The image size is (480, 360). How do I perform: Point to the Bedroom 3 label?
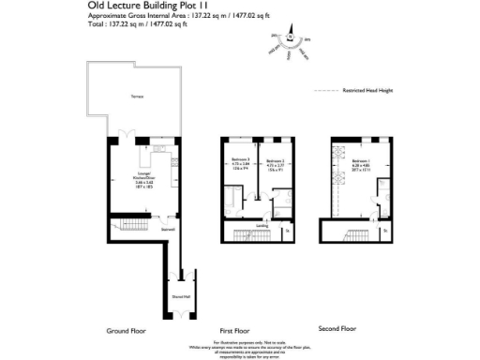[x=242, y=165]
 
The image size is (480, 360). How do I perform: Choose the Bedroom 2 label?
[x=274, y=165]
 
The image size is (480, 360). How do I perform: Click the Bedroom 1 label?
[x=361, y=165]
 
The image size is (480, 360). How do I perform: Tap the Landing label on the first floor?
[x=263, y=225]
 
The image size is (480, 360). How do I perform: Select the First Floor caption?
[x=237, y=330]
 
